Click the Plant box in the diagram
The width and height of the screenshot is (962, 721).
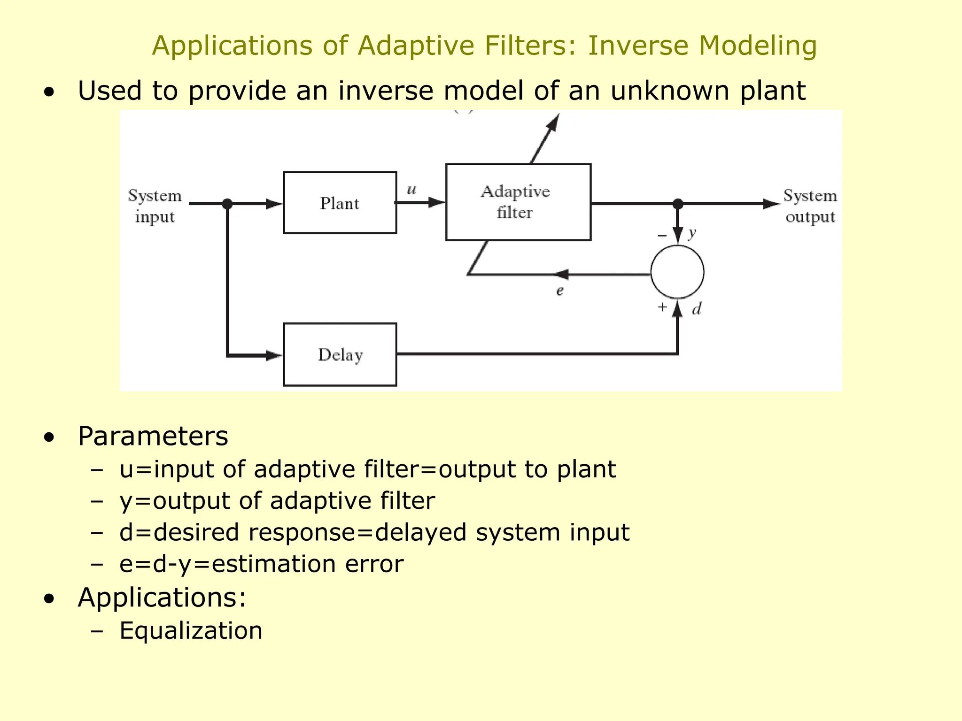[340, 203]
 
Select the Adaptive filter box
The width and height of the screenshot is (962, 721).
[518, 202]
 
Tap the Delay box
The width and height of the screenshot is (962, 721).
[340, 354]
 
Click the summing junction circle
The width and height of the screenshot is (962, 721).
[677, 272]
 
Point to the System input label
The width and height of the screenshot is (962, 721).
[155, 206]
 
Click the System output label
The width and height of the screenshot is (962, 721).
[810, 206]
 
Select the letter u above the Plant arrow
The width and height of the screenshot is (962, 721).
[411, 190]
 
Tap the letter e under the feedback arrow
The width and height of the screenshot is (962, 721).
[559, 291]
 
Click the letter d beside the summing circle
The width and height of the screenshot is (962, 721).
[697, 309]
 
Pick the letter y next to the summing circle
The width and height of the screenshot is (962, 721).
[691, 233]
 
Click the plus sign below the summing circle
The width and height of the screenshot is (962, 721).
[662, 307]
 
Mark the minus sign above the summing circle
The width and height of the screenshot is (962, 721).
[662, 235]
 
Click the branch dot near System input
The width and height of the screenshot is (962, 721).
[227, 204]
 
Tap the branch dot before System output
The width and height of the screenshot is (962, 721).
[677, 204]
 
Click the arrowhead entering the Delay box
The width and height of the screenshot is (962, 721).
[274, 355]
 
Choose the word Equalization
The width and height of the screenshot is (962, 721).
[191, 630]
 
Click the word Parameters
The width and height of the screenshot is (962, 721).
[153, 436]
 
